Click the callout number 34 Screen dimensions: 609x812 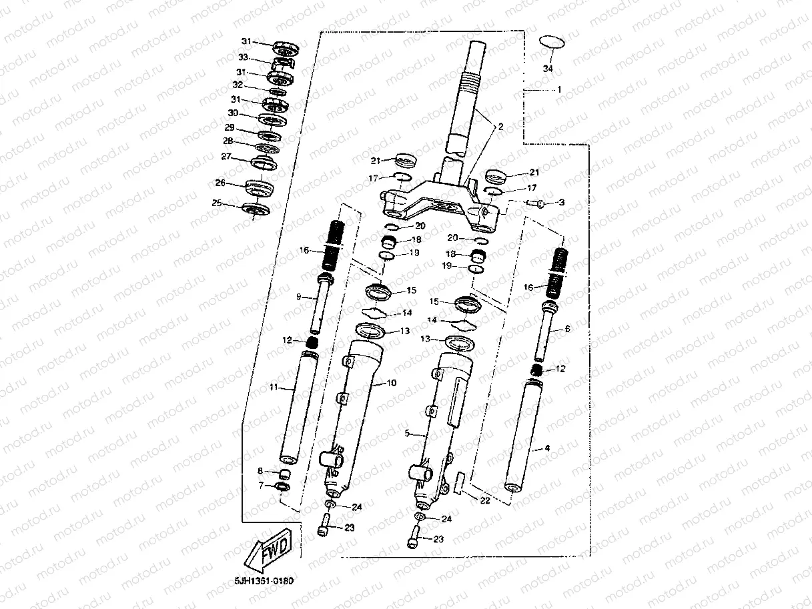[548, 69]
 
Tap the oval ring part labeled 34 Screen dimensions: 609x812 [552, 41]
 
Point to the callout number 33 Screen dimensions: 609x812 [243, 57]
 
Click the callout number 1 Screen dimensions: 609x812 [559, 89]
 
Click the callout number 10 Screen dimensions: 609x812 [392, 383]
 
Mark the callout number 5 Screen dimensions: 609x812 [407, 433]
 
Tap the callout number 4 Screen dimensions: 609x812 [547, 448]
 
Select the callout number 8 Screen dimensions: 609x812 [261, 471]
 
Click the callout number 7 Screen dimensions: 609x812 [261, 486]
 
